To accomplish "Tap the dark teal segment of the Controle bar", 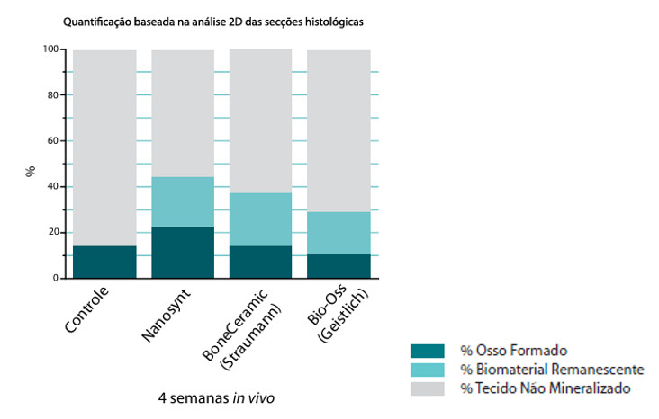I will pos(104,262).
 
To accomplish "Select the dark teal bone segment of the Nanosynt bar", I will pos(183,253).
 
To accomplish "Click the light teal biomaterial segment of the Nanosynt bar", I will pos(183,202).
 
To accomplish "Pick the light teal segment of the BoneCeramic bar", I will pos(260,219).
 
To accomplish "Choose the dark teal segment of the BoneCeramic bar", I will pos(260,262).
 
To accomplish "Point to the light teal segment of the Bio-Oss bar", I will pos(339,233).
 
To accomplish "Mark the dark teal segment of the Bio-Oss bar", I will pos(339,265).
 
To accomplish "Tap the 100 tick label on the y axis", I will pos(50,49).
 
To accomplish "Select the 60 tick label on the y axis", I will pos(52,141).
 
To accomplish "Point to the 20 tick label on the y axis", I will pos(52,232).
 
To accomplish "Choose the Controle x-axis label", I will pos(87,309).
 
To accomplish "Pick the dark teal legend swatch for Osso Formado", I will pos(427,351).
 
